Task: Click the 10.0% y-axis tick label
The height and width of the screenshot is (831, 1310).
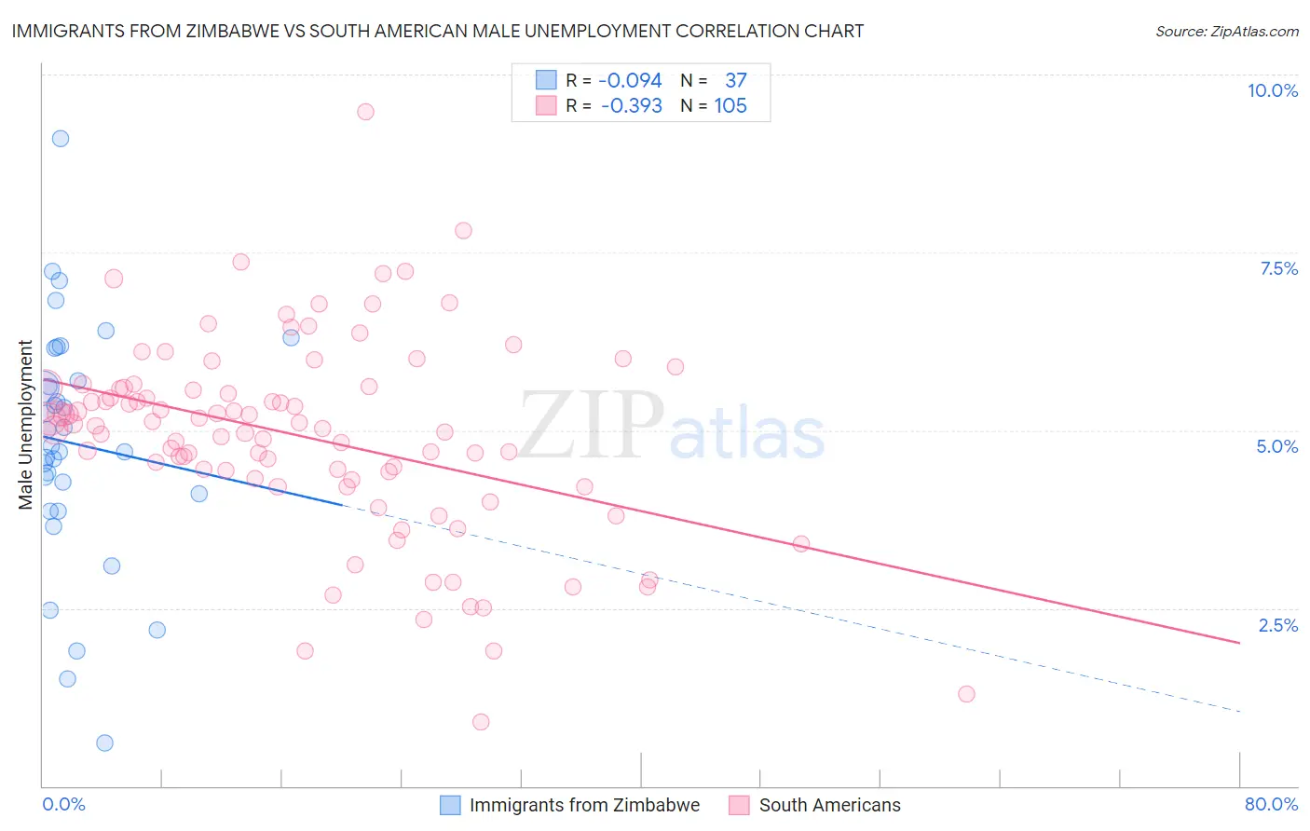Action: pyautogui.click(x=1272, y=90)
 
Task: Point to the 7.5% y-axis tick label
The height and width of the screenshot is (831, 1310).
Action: pyautogui.click(x=1278, y=268)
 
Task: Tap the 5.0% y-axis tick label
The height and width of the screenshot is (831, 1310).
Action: pyautogui.click(x=1276, y=446)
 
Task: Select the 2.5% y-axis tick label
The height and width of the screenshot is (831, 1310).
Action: pyautogui.click(x=1277, y=625)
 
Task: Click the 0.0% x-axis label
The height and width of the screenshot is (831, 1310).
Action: pyautogui.click(x=63, y=804)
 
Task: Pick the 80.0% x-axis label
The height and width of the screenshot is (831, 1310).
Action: pyautogui.click(x=1271, y=804)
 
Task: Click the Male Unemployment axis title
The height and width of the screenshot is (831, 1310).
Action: pyautogui.click(x=25, y=425)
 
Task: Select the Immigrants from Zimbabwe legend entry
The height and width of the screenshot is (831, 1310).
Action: pyautogui.click(x=583, y=805)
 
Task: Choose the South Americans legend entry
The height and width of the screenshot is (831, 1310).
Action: pyautogui.click(x=829, y=805)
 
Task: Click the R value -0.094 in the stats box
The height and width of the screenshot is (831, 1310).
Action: pyautogui.click(x=630, y=81)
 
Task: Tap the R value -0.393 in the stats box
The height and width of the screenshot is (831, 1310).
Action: pyautogui.click(x=631, y=106)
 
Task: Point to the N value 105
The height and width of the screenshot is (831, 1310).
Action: pyautogui.click(x=730, y=106)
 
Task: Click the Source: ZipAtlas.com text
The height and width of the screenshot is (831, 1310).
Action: pyautogui.click(x=1226, y=32)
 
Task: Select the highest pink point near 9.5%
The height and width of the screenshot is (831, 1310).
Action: pyautogui.click(x=365, y=112)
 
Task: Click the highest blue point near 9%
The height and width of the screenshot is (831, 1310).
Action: pyautogui.click(x=61, y=139)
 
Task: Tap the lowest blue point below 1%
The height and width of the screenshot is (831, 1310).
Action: pyautogui.click(x=104, y=742)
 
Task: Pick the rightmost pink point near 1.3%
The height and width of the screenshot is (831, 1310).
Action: pyautogui.click(x=966, y=694)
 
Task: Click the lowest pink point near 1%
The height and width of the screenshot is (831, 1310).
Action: pyautogui.click(x=481, y=722)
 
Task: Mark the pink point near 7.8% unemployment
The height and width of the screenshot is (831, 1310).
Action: pyautogui.click(x=463, y=231)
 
